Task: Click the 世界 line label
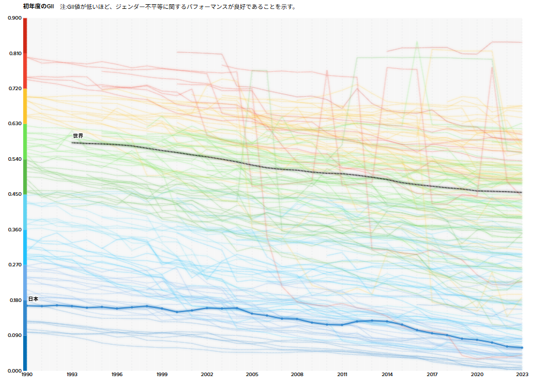click(78, 136)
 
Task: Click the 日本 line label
click(33, 299)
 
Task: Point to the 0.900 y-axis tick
click(14, 18)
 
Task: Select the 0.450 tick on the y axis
click(14, 195)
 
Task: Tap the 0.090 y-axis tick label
click(14, 336)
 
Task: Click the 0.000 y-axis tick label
click(14, 371)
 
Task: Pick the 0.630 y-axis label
click(14, 124)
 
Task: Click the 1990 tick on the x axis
click(27, 375)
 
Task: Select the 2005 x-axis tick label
click(252, 375)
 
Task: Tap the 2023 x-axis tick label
click(522, 375)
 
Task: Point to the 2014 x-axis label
click(387, 375)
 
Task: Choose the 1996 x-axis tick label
click(117, 375)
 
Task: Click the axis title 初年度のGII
click(38, 7)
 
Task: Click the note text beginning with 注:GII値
click(178, 7)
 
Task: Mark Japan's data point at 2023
click(522, 348)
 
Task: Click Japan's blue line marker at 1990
click(27, 306)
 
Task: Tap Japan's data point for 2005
click(252, 313)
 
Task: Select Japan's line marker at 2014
click(387, 322)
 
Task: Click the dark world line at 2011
click(342, 174)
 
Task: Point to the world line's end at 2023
click(522, 192)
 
